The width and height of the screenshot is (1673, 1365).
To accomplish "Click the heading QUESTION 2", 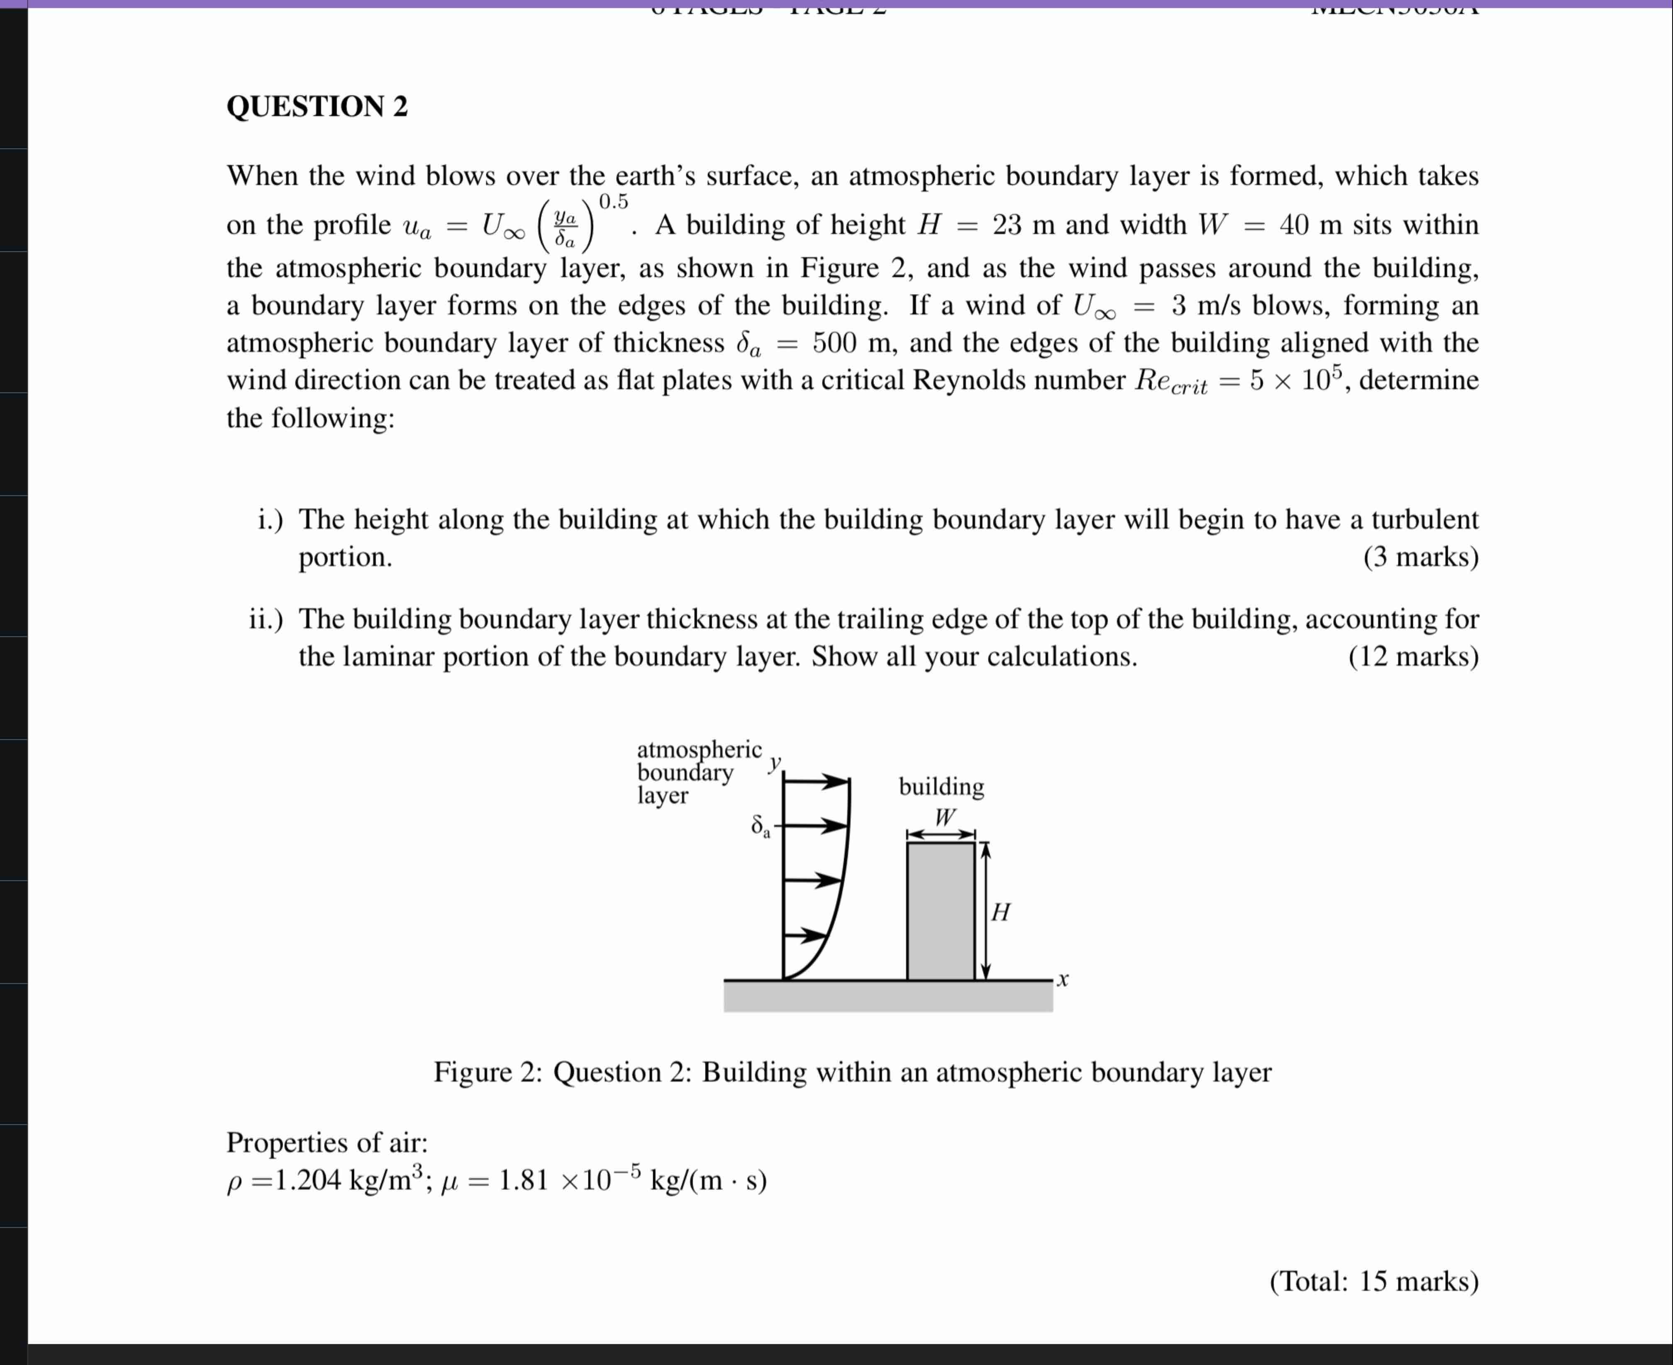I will coord(317,106).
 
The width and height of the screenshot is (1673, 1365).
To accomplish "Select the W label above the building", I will coord(944,817).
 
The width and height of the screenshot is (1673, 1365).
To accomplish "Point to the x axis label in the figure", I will coord(1063,980).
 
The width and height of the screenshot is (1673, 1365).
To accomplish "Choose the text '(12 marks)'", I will coord(1413,656).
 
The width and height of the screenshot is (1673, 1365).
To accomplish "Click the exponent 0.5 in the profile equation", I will coord(613,202).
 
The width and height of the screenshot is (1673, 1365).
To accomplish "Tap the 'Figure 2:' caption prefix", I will coord(488,1072).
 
